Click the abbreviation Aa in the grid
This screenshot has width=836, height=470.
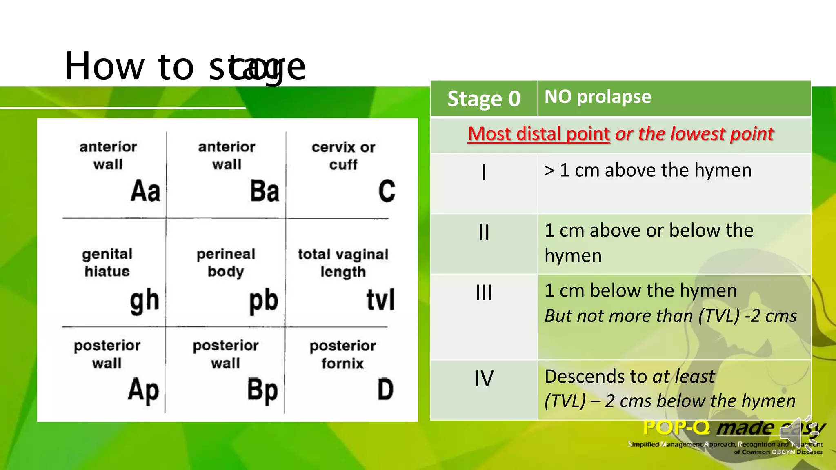point(145,191)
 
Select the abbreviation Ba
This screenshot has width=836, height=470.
point(265,191)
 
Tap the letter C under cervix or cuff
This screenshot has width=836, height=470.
point(387,191)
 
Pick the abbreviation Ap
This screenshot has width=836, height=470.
point(143,390)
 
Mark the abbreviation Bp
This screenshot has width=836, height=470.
point(262,390)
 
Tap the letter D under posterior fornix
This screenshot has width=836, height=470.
point(385,389)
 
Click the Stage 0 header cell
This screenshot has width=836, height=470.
point(484,99)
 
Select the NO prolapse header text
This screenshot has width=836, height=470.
point(598,97)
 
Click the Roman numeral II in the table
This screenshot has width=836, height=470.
point(484,233)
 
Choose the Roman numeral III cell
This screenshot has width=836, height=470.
point(484,293)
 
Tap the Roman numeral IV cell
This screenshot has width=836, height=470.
point(484,378)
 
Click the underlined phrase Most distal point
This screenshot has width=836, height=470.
point(539,134)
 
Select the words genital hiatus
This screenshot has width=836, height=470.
point(107,263)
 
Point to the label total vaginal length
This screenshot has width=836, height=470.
point(343,263)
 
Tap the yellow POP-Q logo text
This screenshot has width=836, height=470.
point(676,428)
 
